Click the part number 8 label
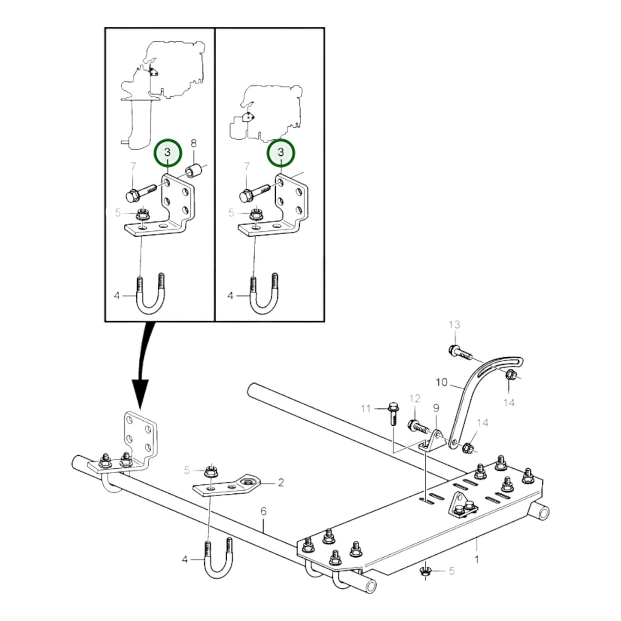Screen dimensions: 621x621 point(193,143)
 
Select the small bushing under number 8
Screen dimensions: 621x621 point(193,170)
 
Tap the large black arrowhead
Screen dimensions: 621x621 point(140,394)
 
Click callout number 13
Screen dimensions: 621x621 point(454,325)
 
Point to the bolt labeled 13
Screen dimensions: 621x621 point(460,353)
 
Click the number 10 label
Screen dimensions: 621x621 point(442,382)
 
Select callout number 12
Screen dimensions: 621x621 point(415,399)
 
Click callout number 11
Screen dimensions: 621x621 point(366,409)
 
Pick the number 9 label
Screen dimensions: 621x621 point(436,408)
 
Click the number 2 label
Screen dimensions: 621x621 point(280,482)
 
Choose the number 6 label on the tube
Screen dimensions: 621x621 point(263,511)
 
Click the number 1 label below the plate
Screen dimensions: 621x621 point(477,559)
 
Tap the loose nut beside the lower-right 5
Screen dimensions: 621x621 point(426,572)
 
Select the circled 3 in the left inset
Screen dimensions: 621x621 point(168,153)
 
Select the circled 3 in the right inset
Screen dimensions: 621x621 point(280,153)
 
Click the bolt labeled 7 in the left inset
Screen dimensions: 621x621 point(141,193)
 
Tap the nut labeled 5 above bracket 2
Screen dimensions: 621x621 point(212,472)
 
